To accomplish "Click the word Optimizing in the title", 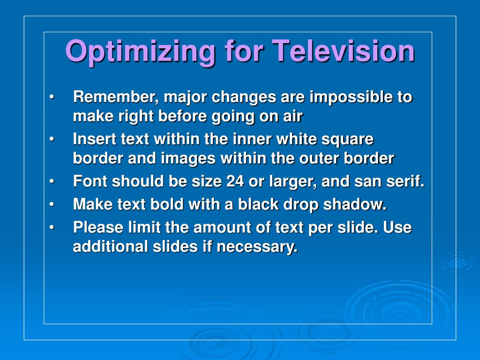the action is (x=141, y=52).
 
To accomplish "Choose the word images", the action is (x=188, y=158).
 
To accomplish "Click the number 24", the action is (x=235, y=181).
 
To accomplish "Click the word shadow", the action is (x=355, y=204).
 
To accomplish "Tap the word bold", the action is (x=167, y=204).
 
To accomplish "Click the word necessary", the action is (x=257, y=247).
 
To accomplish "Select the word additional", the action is (x=110, y=246).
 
